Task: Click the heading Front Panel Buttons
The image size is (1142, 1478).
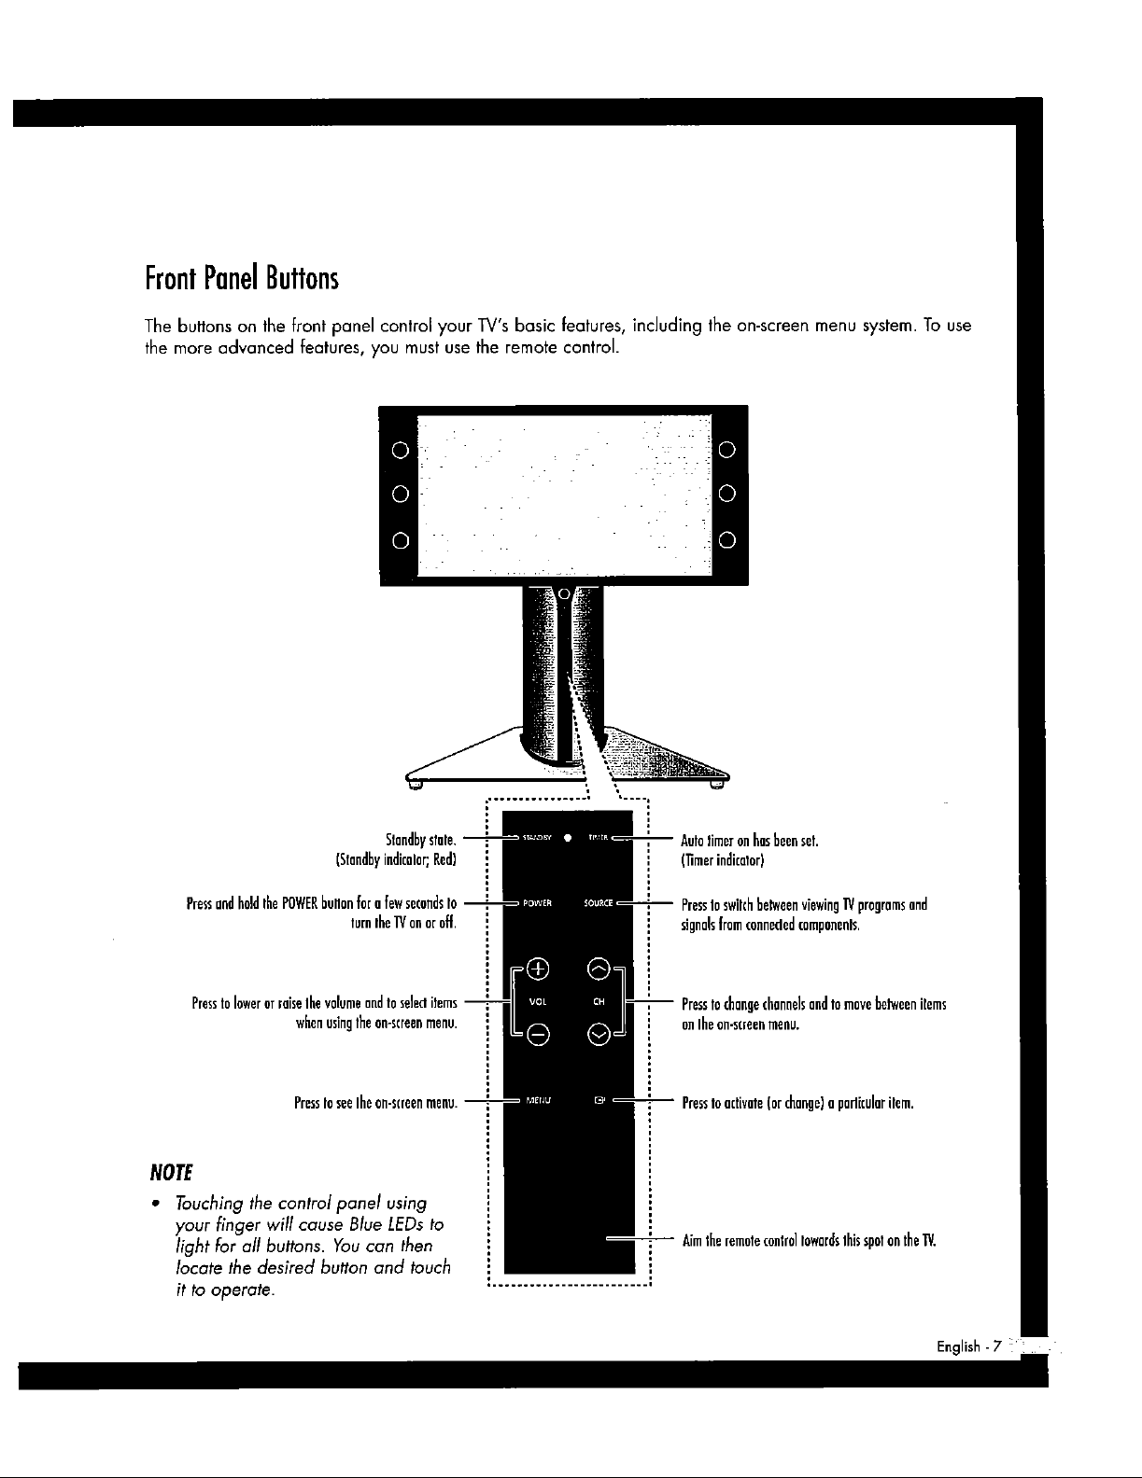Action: click(241, 277)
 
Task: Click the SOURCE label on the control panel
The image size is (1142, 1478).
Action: click(598, 903)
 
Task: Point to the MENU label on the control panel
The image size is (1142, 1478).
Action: click(539, 1100)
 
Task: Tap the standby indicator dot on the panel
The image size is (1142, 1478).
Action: click(568, 837)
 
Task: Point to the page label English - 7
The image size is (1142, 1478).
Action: click(969, 1346)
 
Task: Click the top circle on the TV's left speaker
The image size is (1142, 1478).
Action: click(399, 453)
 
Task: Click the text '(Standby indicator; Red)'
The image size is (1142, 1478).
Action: click(394, 859)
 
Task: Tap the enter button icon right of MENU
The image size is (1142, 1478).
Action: click(599, 1100)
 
